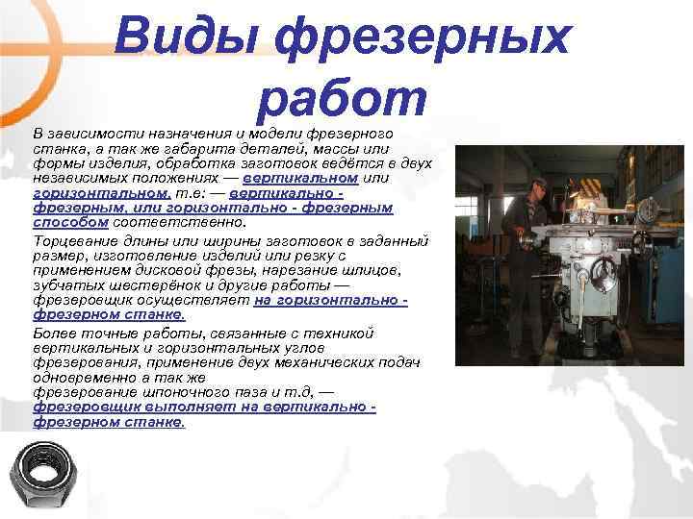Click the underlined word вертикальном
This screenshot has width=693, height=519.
click(301, 179)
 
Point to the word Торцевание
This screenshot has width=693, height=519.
click(73, 239)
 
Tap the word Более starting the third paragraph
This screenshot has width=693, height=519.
click(52, 333)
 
